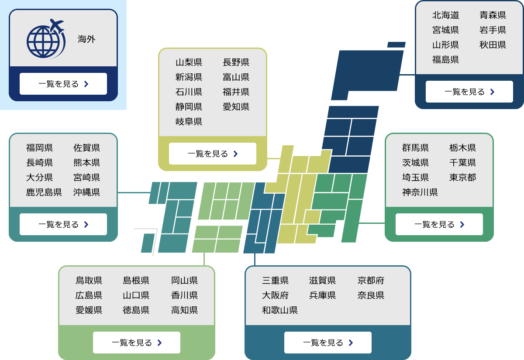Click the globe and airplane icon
click(x=45, y=39)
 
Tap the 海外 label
click(x=86, y=39)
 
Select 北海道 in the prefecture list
click(x=445, y=15)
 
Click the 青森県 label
click(x=493, y=15)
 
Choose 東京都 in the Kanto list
click(x=462, y=177)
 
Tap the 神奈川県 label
click(x=420, y=192)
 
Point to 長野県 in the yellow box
click(x=236, y=62)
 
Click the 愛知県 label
click(x=236, y=106)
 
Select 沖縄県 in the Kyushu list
click(x=86, y=192)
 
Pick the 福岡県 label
click(x=39, y=148)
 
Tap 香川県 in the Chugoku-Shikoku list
click(x=184, y=295)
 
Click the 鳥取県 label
click(x=89, y=280)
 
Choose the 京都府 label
click(x=371, y=280)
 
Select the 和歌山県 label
click(x=279, y=310)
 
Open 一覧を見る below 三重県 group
click(x=327, y=343)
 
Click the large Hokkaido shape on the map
click(x=367, y=72)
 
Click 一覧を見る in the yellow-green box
click(x=212, y=154)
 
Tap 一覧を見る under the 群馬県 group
click(x=439, y=224)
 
